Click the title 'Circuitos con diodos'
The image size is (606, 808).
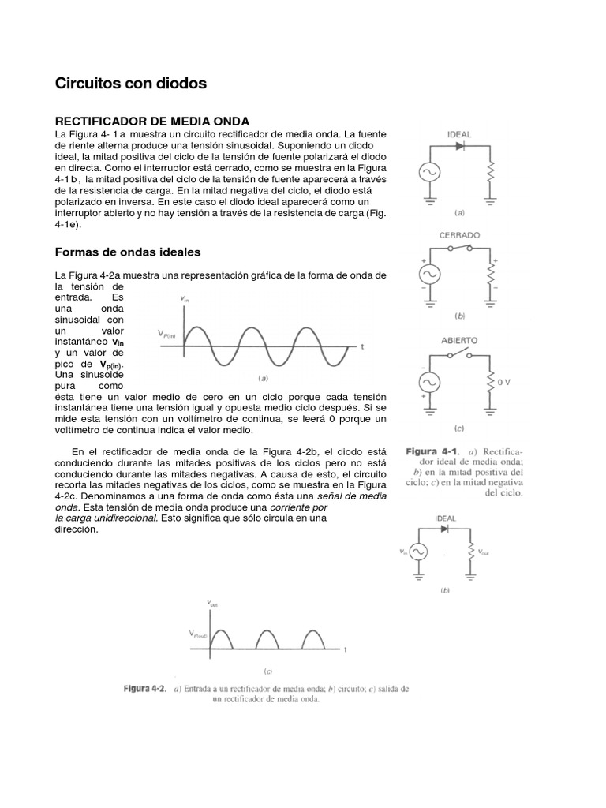[130, 83]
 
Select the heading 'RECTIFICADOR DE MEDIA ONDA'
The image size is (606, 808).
[151, 121]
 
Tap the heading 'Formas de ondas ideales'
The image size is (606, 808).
[127, 252]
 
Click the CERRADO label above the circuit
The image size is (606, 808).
[459, 235]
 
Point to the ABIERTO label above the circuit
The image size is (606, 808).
[458, 340]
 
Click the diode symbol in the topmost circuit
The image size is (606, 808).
[460, 147]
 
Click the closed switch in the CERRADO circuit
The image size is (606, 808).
[459, 249]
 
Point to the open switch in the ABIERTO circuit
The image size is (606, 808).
[459, 354]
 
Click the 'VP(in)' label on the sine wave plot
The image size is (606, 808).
[174, 335]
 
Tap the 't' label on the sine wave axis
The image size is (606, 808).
[362, 346]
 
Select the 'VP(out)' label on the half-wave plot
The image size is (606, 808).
[200, 634]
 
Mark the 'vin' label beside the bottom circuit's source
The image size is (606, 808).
[404, 552]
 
